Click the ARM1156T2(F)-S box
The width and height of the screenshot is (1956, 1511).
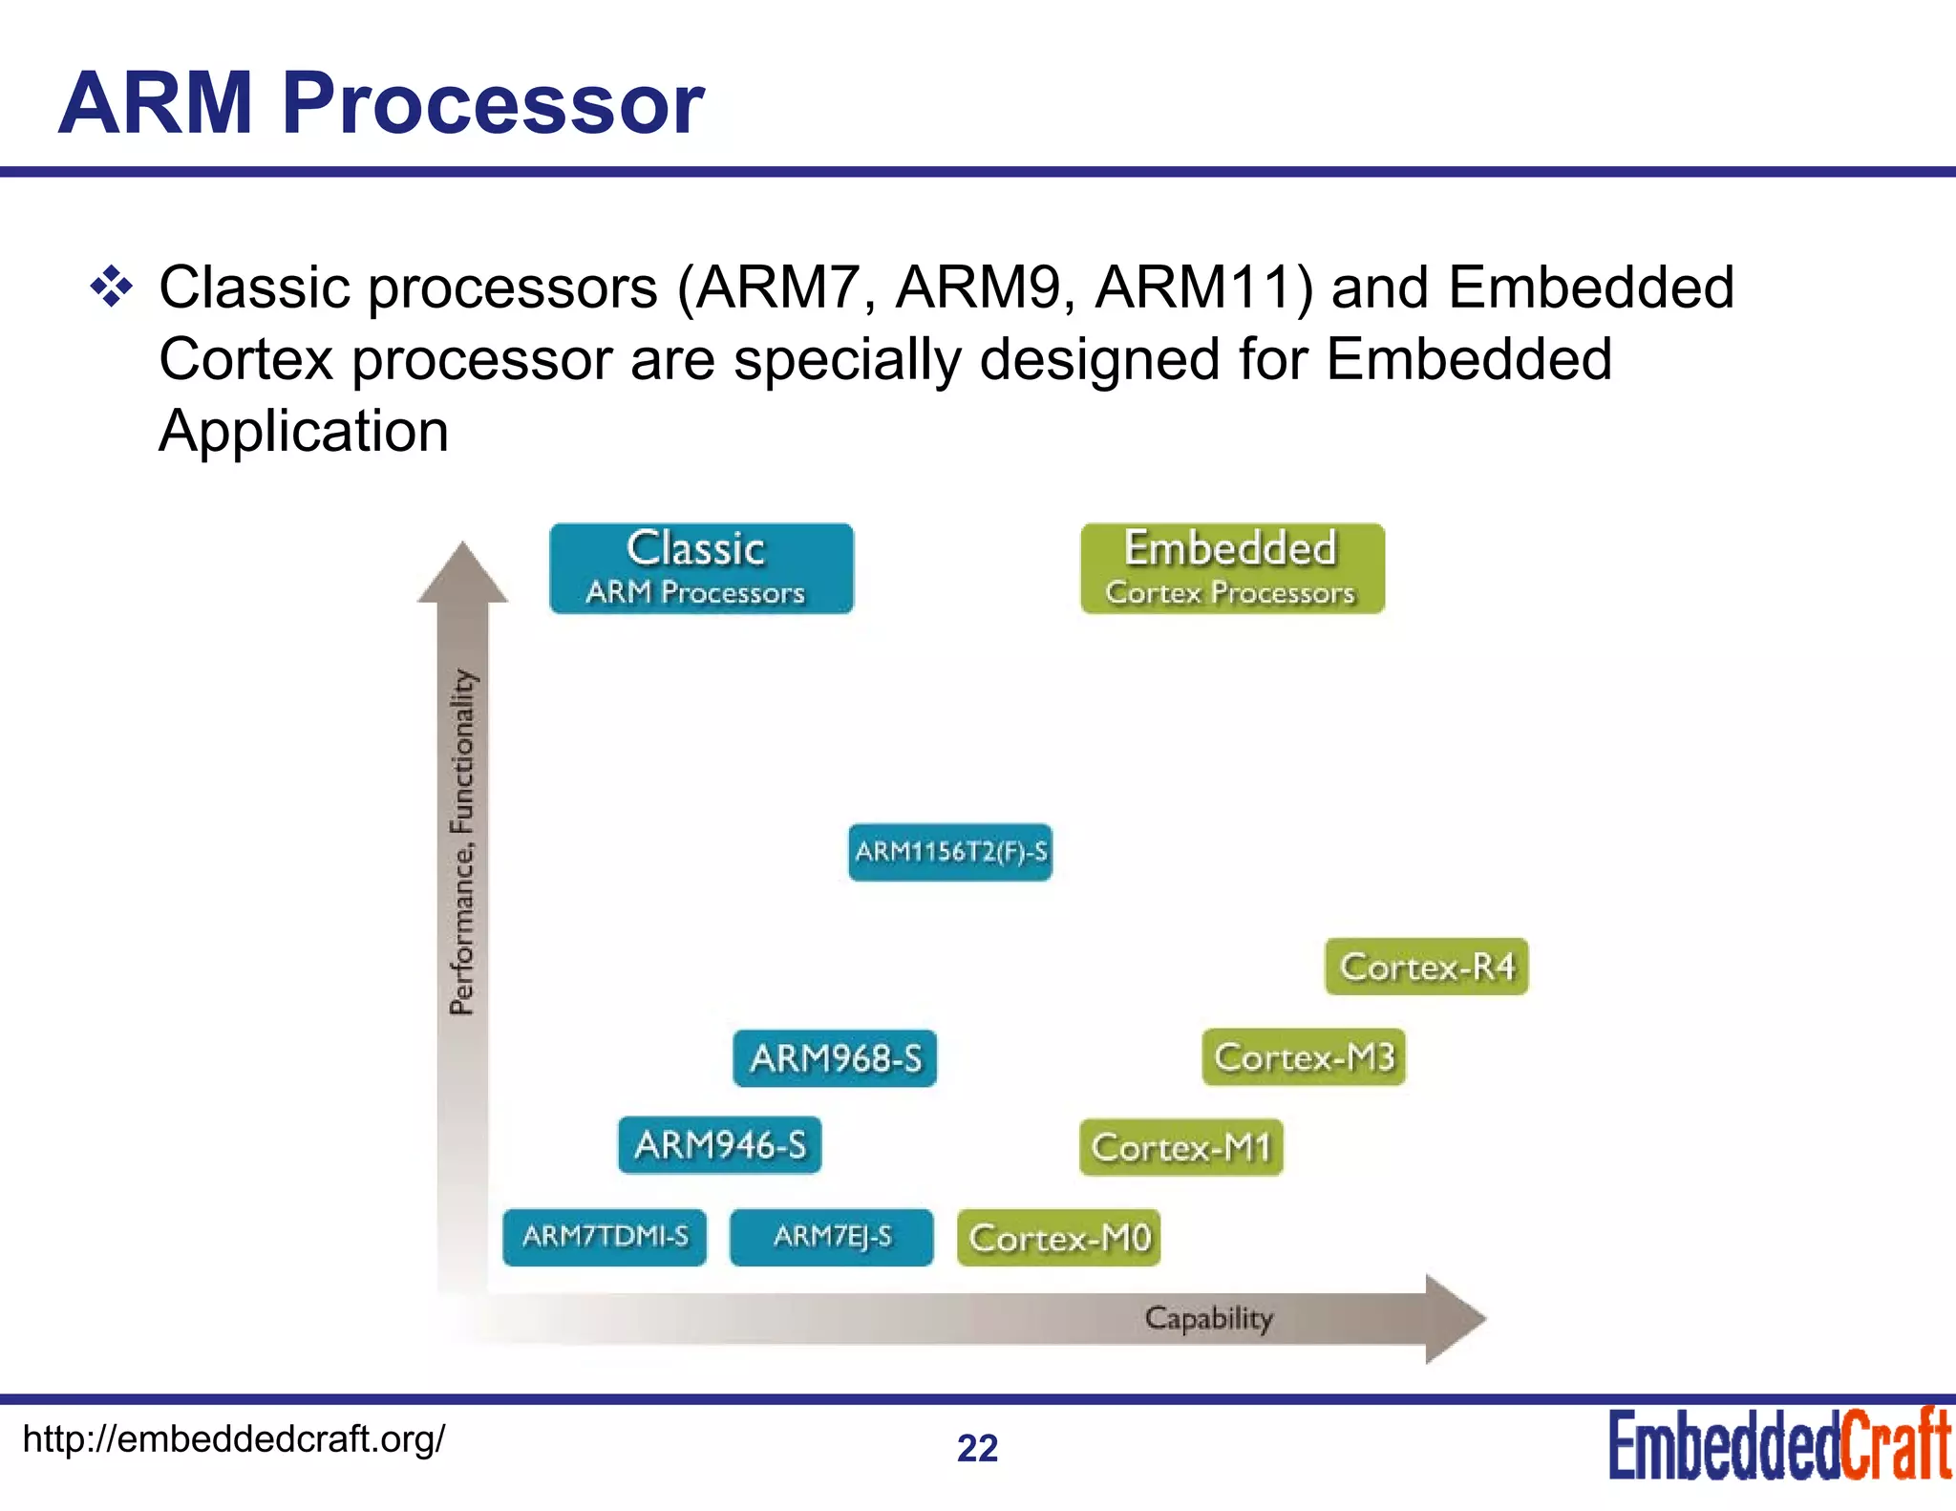950,852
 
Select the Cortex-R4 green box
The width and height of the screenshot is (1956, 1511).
1427,967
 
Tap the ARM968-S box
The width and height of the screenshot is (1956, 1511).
835,1058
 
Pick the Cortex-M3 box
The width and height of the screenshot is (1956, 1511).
1304,1057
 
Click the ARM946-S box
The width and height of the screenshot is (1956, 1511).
719,1144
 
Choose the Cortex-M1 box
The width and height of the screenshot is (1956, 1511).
1181,1147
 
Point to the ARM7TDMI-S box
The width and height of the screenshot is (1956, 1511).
605,1237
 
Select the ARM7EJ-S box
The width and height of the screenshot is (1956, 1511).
831,1237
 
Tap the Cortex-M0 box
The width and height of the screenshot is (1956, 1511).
1059,1238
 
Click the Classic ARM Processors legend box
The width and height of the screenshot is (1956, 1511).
701,568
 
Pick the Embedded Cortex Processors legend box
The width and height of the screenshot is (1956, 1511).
1232,568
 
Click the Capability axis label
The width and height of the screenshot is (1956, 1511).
1208,1318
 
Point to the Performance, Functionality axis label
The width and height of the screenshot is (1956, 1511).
462,841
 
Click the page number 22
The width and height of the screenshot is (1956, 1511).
977,1448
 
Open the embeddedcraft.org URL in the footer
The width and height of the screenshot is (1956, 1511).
234,1438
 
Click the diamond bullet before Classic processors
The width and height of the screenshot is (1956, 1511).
112,287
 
